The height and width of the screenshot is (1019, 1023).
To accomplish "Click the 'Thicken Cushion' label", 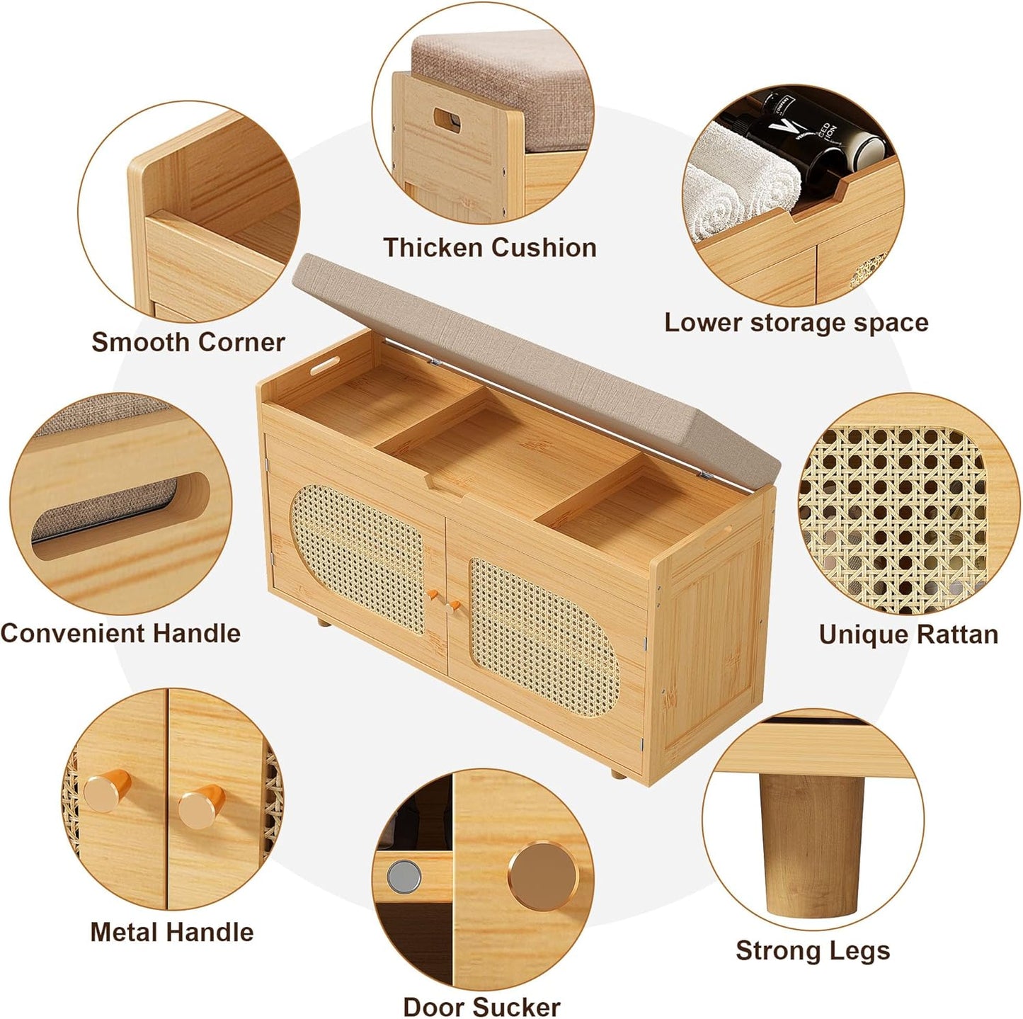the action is (489, 248).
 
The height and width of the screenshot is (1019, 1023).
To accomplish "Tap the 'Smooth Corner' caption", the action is (188, 342).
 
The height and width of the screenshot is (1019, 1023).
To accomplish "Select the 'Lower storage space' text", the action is (796, 323).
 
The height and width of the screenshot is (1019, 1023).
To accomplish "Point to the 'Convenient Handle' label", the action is (120, 634).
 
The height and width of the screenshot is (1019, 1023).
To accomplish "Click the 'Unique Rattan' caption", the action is (908, 634).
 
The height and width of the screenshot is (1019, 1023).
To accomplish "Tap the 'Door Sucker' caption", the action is (481, 993).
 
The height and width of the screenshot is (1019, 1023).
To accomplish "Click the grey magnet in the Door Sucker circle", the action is (404, 876).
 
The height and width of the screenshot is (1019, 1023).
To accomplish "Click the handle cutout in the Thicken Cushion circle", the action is (447, 120).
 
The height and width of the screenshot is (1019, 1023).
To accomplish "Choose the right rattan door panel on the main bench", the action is (544, 637).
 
